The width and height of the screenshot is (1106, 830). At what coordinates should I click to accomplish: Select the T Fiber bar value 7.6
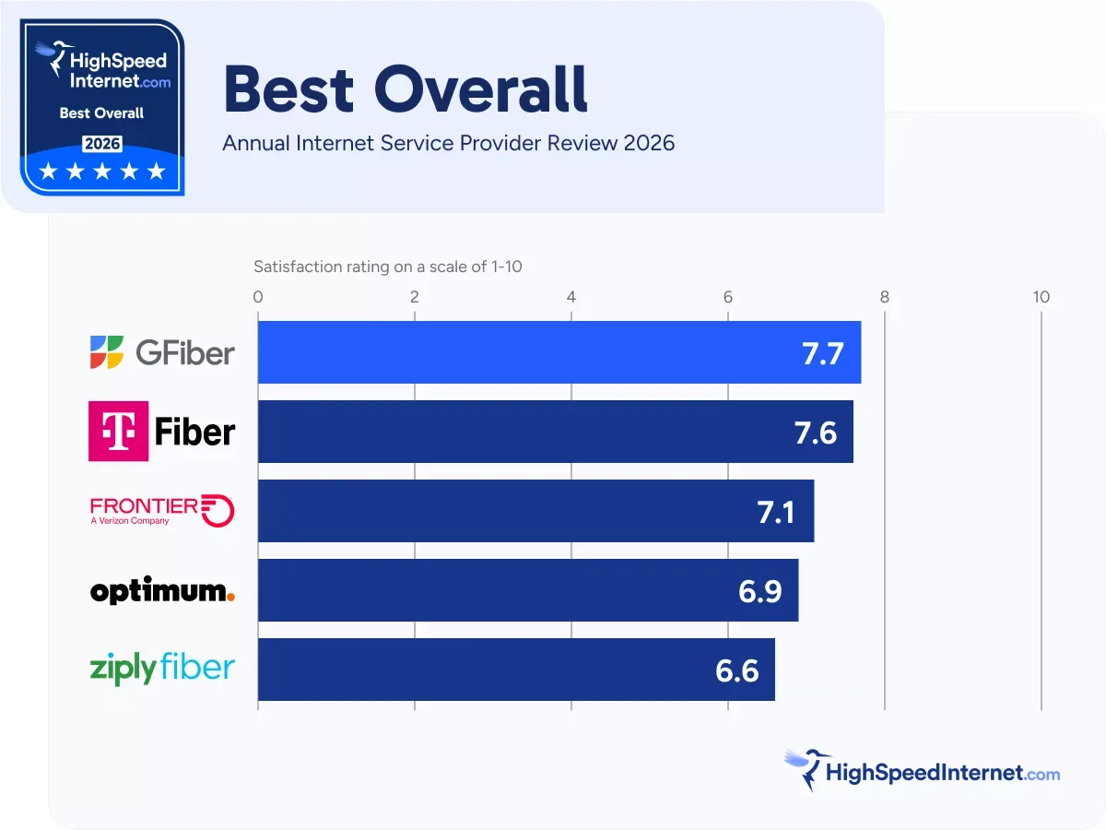click(x=816, y=433)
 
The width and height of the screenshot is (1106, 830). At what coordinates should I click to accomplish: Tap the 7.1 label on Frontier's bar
click(x=776, y=512)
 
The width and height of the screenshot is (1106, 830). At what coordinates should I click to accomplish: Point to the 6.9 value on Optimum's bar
click(x=759, y=591)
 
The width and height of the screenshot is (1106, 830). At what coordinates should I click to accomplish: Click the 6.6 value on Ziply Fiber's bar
click(x=736, y=670)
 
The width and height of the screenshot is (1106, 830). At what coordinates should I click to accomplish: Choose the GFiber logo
click(x=162, y=352)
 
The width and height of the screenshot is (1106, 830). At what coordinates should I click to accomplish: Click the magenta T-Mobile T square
click(x=118, y=432)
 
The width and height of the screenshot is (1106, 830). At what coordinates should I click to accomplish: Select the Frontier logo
click(x=162, y=510)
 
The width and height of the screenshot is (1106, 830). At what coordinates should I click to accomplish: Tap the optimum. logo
click(x=162, y=591)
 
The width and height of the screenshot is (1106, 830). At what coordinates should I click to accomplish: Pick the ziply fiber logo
click(x=162, y=669)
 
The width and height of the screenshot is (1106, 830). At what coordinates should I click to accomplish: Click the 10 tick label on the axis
click(x=1041, y=297)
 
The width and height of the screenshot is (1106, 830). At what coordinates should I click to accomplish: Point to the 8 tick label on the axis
click(x=885, y=297)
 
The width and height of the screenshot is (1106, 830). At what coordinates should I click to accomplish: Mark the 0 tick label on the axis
click(x=258, y=297)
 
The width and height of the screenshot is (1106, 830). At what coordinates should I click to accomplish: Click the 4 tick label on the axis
click(x=571, y=297)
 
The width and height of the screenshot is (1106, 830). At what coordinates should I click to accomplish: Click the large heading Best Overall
click(x=406, y=89)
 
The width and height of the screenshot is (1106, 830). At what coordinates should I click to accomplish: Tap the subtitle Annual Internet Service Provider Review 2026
click(x=449, y=143)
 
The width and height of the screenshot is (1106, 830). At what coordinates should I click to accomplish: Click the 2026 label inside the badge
click(x=101, y=144)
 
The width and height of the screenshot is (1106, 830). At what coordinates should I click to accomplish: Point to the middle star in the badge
click(x=101, y=172)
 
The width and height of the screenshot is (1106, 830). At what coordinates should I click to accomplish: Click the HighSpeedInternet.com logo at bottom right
click(x=922, y=771)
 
